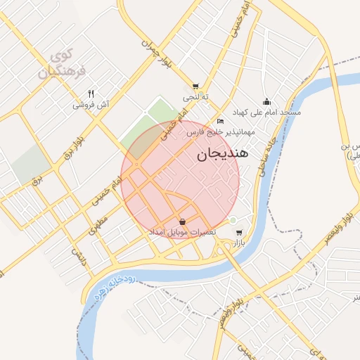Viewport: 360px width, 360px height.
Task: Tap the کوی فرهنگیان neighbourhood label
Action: coord(62,63)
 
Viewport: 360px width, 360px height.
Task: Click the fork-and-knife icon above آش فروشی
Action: coord(91,94)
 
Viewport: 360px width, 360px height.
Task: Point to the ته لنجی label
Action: coord(195,96)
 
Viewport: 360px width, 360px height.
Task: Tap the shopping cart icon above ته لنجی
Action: coord(195,86)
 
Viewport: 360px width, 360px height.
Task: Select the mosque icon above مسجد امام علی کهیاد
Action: coord(266,101)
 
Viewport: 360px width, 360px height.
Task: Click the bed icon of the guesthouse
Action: coord(221,122)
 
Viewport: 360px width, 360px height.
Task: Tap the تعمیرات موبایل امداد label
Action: coord(181,232)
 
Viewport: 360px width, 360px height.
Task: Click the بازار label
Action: coord(239,243)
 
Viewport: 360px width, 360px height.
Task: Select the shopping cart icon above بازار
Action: coord(239,233)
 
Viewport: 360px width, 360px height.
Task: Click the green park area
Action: coord(150,127)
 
